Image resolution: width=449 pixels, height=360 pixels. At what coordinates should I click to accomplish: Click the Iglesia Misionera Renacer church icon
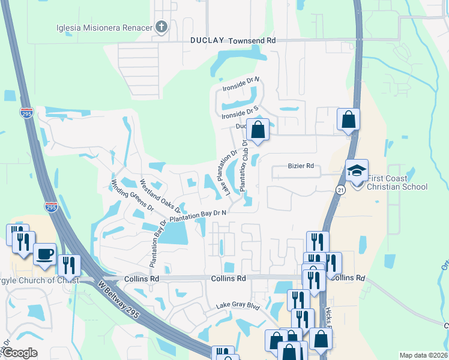tap(161, 27)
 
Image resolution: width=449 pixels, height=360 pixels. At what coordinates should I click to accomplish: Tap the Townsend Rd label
tap(251, 40)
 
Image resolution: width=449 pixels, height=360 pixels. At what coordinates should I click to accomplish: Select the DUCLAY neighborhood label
tap(207, 40)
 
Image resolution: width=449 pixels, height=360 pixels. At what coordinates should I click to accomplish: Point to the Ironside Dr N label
tap(240, 83)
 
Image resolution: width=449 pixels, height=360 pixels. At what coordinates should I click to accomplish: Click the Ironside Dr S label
tap(240, 112)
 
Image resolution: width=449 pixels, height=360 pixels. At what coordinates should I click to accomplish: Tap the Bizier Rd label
tap(301, 166)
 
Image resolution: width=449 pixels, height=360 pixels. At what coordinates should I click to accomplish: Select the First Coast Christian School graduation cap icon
tap(356, 170)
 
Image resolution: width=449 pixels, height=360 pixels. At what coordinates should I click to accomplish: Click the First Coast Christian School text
tap(397, 182)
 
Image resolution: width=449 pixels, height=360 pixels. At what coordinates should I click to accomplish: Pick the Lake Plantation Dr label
tap(231, 172)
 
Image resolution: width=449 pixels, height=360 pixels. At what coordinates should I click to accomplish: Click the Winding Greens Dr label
tap(132, 195)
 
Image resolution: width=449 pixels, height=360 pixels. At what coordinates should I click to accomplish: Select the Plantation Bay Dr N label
tap(198, 215)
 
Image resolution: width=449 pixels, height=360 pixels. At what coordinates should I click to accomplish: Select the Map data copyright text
tap(423, 355)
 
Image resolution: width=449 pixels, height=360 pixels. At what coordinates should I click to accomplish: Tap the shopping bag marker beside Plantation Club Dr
tap(258, 130)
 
